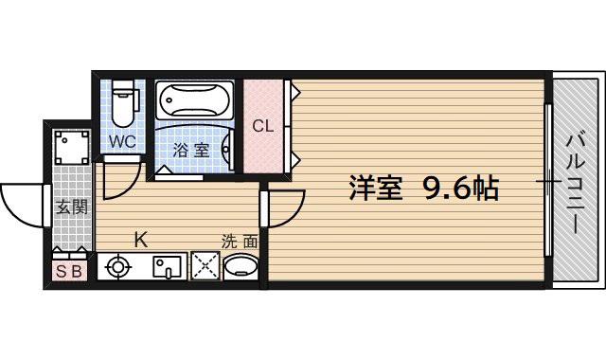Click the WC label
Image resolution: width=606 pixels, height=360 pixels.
click(122, 142)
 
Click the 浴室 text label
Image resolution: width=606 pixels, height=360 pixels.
click(191, 149)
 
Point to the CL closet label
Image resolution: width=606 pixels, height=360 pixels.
click(263, 125)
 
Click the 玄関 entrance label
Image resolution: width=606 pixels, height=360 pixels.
click(69, 207)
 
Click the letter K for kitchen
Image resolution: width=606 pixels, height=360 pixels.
click(139, 240)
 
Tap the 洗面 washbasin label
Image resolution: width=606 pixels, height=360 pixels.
click(240, 241)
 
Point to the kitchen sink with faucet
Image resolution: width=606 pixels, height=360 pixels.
click(168, 267)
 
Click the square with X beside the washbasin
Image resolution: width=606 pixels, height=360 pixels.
click(205, 266)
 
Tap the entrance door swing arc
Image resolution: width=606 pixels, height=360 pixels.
click(21, 202)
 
